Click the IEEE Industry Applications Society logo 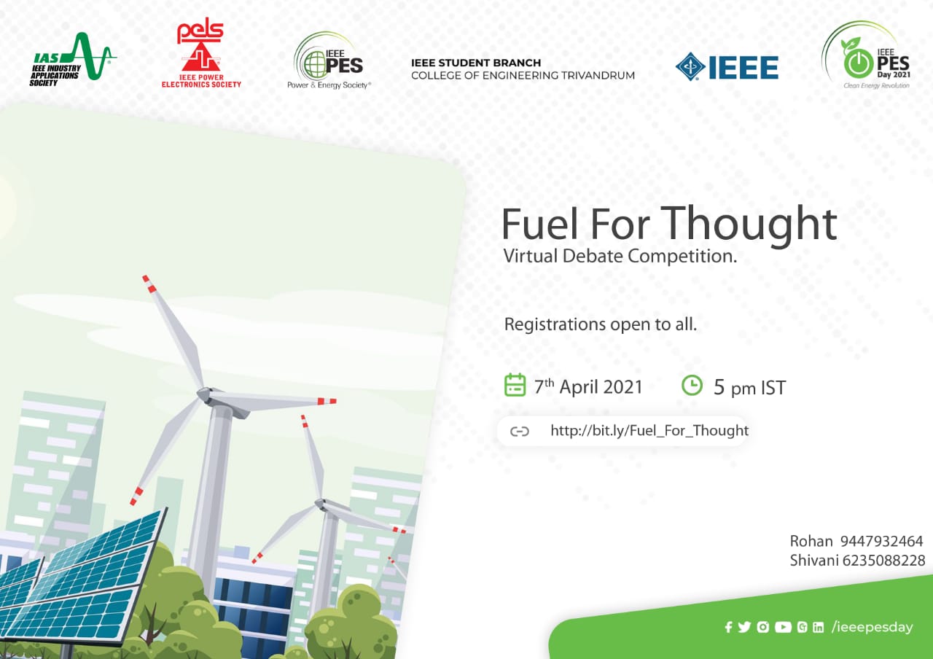pyautogui.click(x=72, y=59)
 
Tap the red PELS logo pyautogui.click(x=201, y=54)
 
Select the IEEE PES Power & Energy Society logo pyautogui.click(x=329, y=61)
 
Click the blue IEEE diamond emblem pyautogui.click(x=690, y=66)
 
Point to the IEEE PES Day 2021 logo pyautogui.click(x=867, y=55)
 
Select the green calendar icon pyautogui.click(x=515, y=385)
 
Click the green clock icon pyautogui.click(x=692, y=386)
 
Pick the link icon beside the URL pyautogui.click(x=520, y=431)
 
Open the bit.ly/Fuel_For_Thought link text pyautogui.click(x=649, y=430)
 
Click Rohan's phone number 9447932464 pyautogui.click(x=881, y=541)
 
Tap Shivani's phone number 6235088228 pyautogui.click(x=884, y=561)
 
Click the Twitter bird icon pyautogui.click(x=744, y=627)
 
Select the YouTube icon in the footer pyautogui.click(x=783, y=627)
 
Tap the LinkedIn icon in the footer pyautogui.click(x=818, y=627)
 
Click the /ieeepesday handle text pyautogui.click(x=872, y=627)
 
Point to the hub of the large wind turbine pyautogui.click(x=206, y=394)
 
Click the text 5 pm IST pyautogui.click(x=749, y=387)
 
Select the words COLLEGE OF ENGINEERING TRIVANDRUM pyautogui.click(x=523, y=75)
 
